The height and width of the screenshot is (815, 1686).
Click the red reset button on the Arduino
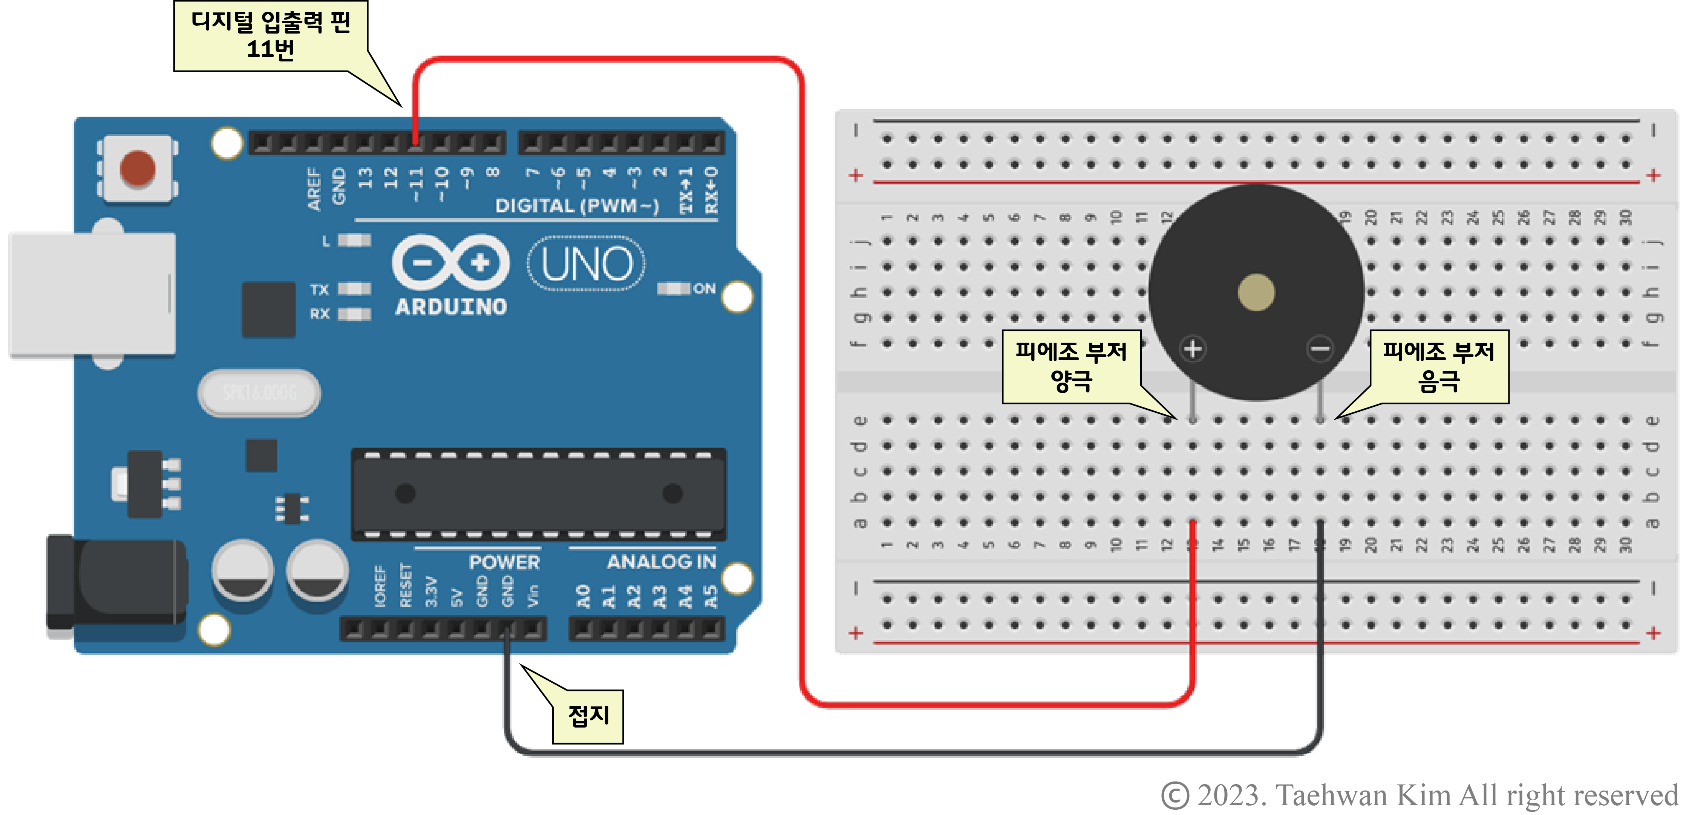[x=138, y=168]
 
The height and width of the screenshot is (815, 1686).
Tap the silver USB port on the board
[x=92, y=294]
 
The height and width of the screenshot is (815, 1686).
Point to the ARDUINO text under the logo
[x=451, y=307]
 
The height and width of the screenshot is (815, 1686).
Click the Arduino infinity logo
[x=450, y=262]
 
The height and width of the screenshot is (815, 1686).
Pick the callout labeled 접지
[x=588, y=716]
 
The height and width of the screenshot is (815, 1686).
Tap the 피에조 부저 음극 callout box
[x=1439, y=366]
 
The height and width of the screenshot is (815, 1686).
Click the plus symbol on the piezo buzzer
[x=1193, y=349]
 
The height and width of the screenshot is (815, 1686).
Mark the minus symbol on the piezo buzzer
[x=1320, y=349]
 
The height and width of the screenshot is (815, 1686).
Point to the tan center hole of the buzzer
[x=1256, y=292]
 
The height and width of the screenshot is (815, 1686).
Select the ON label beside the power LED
[x=704, y=289]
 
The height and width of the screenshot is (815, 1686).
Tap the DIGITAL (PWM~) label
[x=576, y=206]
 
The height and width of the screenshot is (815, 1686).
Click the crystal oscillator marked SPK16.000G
[x=259, y=393]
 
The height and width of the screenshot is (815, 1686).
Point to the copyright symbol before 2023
[x=1175, y=795]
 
